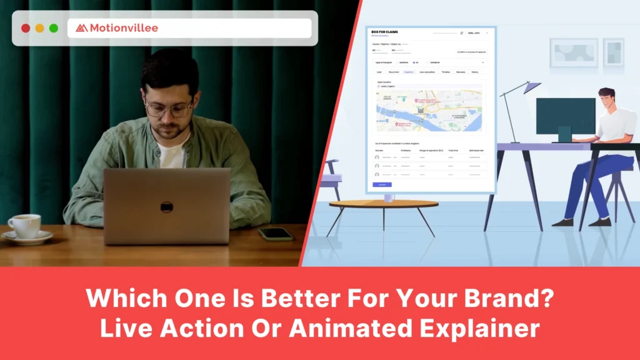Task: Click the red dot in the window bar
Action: click(26, 28)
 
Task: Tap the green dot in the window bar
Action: click(54, 28)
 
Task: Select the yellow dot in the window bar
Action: click(39, 28)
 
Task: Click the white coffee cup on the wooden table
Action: click(25, 226)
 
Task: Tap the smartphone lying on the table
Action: click(275, 234)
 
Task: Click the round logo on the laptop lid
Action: click(166, 207)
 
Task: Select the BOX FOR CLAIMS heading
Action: click(384, 32)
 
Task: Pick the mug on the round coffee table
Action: click(389, 197)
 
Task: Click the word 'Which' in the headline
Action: click(122, 297)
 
